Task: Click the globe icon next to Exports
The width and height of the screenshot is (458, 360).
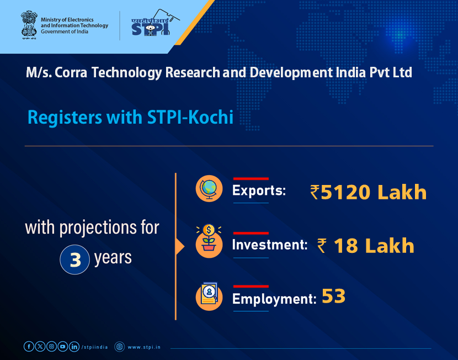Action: (209, 189)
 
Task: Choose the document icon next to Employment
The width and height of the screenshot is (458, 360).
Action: (209, 297)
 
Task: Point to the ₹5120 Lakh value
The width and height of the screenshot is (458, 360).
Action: (369, 192)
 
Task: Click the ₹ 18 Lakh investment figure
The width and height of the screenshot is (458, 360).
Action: (366, 246)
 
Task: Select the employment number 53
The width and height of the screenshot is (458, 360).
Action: (333, 297)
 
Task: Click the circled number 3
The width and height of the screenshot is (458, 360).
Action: (75, 260)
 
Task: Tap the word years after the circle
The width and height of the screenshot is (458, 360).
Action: (113, 258)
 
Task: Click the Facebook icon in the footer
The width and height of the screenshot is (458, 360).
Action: (29, 346)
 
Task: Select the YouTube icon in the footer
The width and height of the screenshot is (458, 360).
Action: (63, 346)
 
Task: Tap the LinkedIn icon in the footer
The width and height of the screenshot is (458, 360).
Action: (74, 346)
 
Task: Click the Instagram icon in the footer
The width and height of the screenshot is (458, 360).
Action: (51, 346)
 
